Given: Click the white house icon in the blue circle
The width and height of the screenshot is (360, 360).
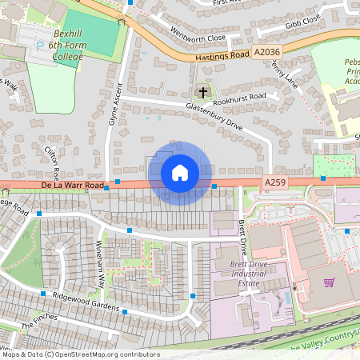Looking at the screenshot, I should (180, 172).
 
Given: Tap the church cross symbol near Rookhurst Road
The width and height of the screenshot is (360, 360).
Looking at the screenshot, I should (203, 92).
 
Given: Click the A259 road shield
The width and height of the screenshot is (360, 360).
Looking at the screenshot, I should (274, 183).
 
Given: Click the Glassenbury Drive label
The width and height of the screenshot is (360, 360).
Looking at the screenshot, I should (214, 119).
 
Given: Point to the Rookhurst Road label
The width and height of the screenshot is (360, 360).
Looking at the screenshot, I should (240, 98).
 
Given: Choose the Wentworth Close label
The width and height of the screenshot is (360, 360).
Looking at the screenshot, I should (198, 37).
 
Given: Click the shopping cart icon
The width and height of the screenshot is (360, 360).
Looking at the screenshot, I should (329, 282).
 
